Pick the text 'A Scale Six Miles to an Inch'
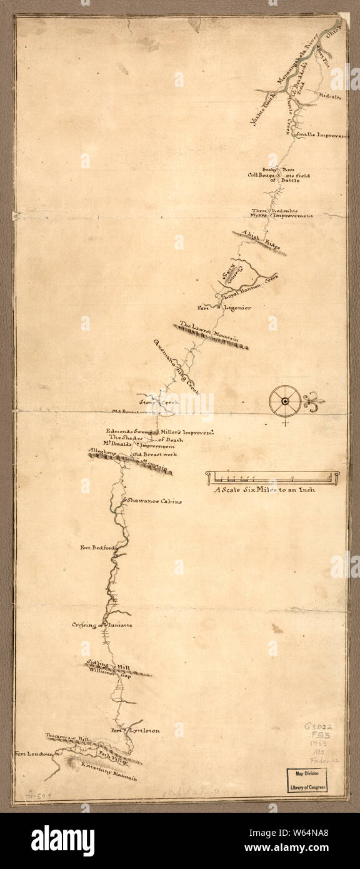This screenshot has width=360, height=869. (264, 490)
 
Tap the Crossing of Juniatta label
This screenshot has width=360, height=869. (102, 625)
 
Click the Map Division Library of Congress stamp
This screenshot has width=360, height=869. (316, 780)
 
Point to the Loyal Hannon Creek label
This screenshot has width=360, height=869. (249, 281)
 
